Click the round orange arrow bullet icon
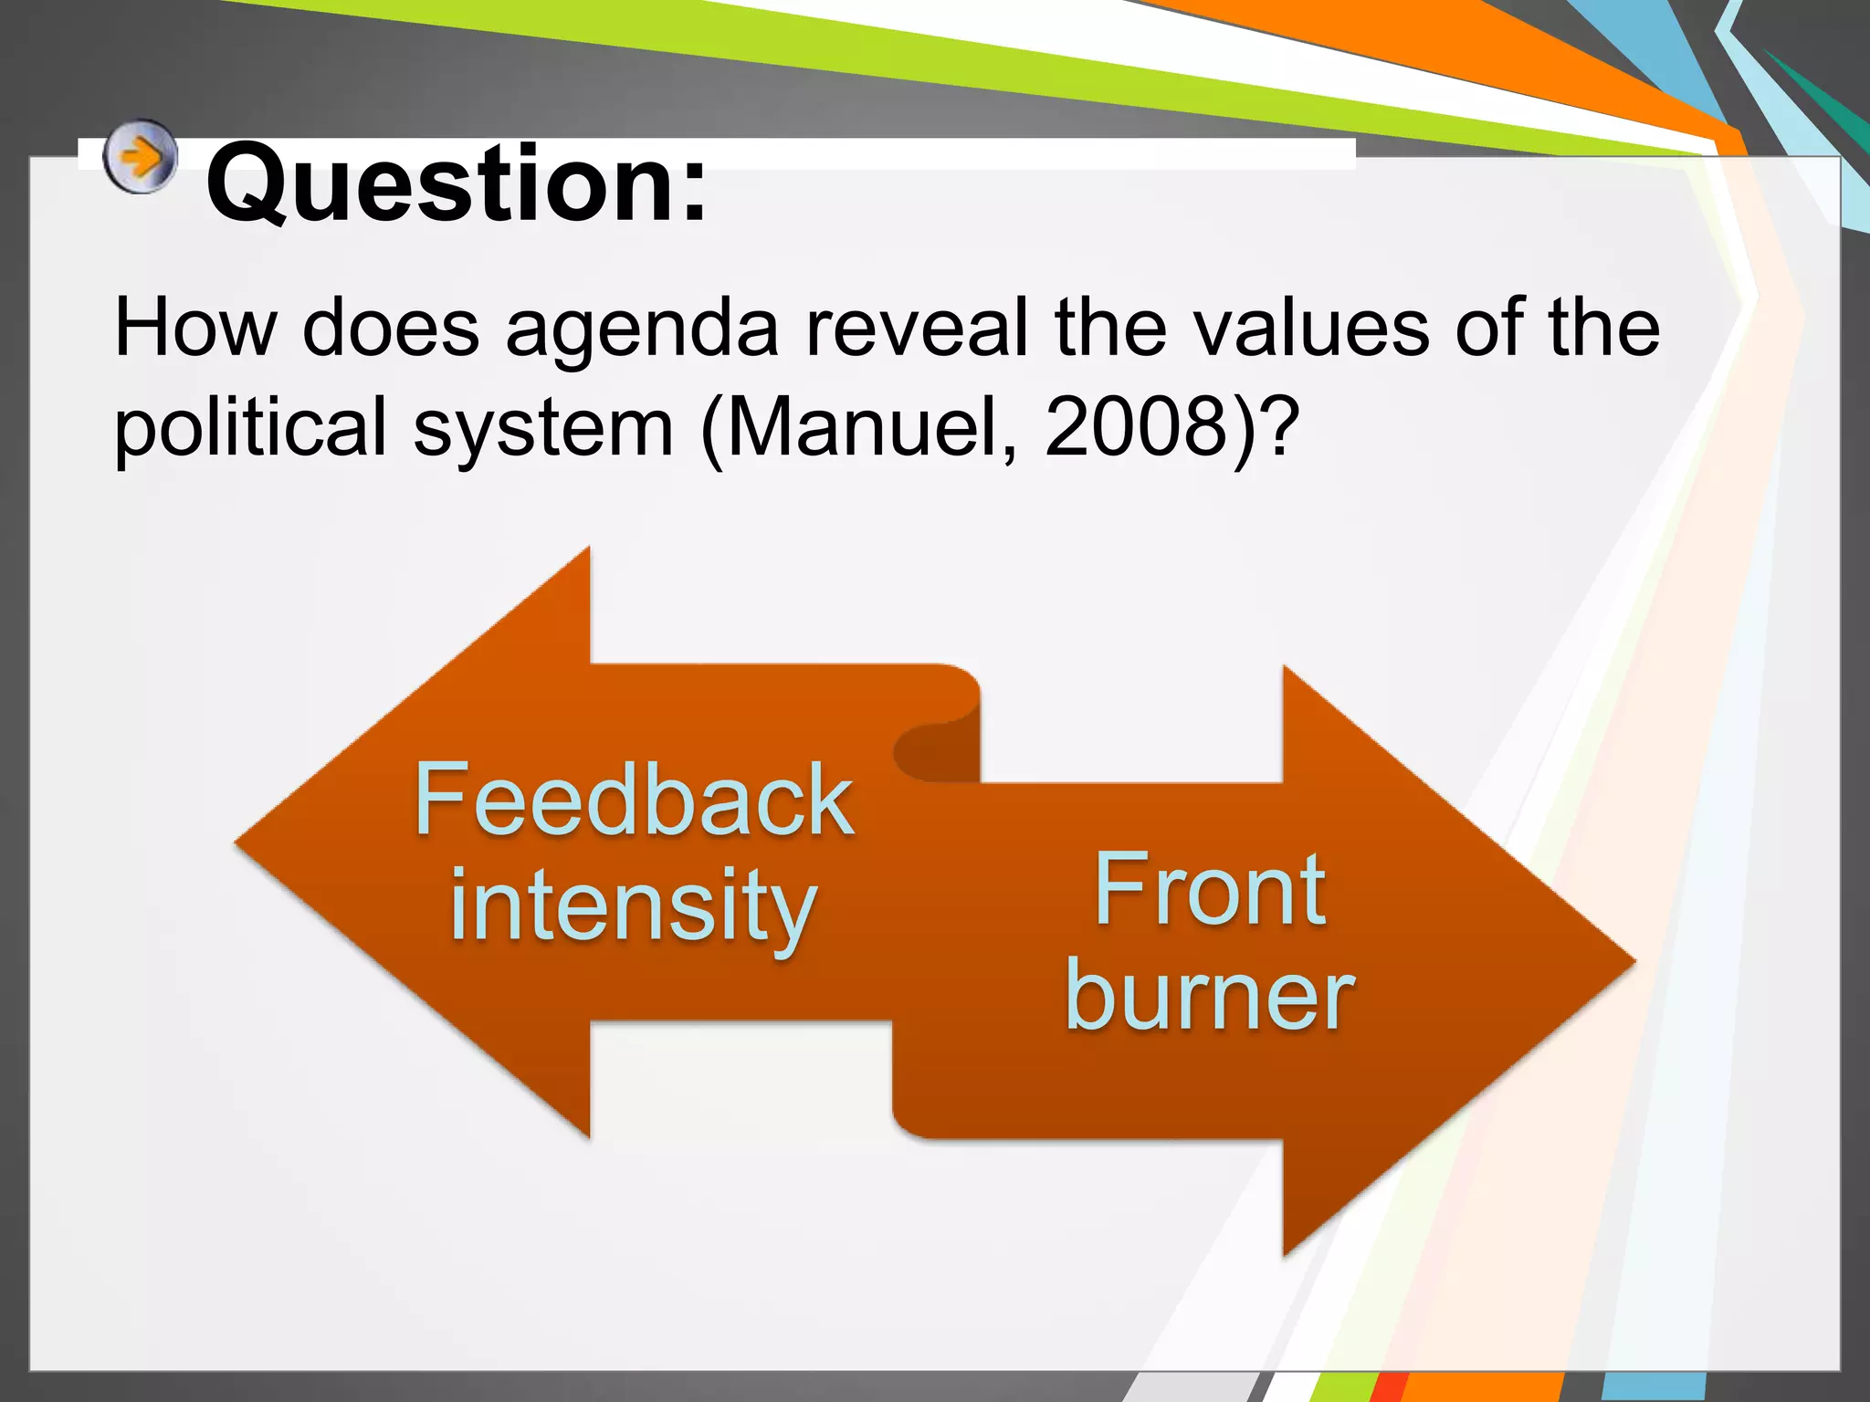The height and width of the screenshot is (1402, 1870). (x=139, y=157)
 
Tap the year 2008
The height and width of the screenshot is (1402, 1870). (x=1137, y=427)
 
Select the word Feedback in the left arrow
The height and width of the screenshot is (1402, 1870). (x=634, y=800)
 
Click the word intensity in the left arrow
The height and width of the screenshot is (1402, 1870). (x=632, y=906)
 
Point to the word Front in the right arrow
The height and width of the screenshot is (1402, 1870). (x=1209, y=890)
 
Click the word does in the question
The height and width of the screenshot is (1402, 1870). (x=390, y=329)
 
